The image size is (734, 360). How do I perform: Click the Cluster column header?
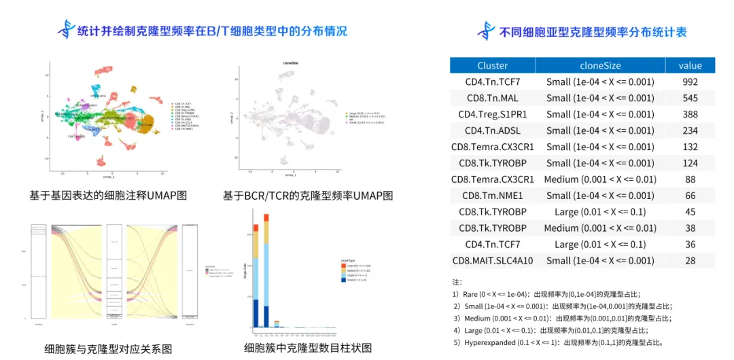tap(492, 65)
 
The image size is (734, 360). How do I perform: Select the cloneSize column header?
tap(599, 65)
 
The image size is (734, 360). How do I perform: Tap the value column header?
tap(690, 65)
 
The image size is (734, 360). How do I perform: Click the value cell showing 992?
tap(690, 82)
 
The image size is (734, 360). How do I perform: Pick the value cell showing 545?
tap(690, 98)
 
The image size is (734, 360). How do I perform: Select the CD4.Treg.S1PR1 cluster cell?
tap(492, 114)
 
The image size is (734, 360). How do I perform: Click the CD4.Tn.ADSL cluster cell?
tap(492, 130)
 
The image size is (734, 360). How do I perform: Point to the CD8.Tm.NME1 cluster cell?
tap(492, 196)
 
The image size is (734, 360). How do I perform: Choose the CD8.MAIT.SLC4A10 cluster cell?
tap(492, 261)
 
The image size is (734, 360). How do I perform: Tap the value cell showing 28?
tap(690, 261)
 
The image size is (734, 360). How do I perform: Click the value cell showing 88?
tap(690, 179)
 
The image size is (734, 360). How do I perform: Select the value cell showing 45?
tap(690, 212)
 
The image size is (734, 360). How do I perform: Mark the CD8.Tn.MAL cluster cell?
tap(492, 98)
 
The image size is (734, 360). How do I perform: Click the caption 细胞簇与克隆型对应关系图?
tap(108, 349)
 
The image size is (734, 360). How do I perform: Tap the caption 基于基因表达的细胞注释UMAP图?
tap(108, 196)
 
